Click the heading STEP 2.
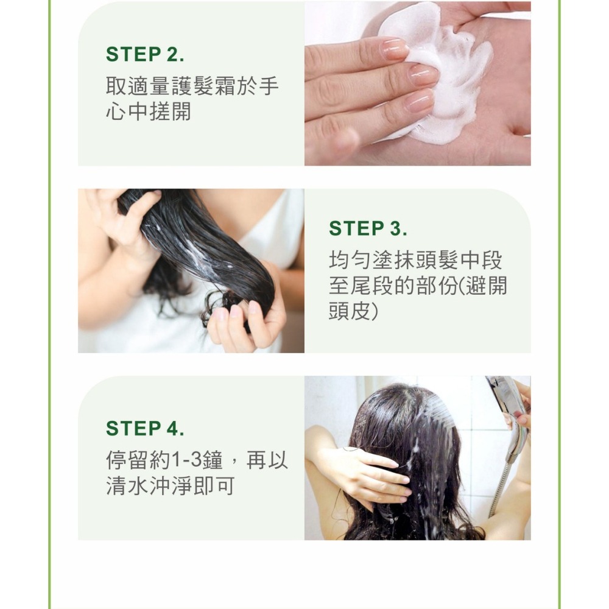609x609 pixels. (x=145, y=54)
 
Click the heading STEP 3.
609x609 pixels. (x=368, y=229)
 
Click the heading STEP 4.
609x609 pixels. (x=145, y=428)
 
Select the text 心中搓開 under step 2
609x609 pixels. (x=149, y=112)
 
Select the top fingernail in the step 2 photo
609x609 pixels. (x=395, y=49)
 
